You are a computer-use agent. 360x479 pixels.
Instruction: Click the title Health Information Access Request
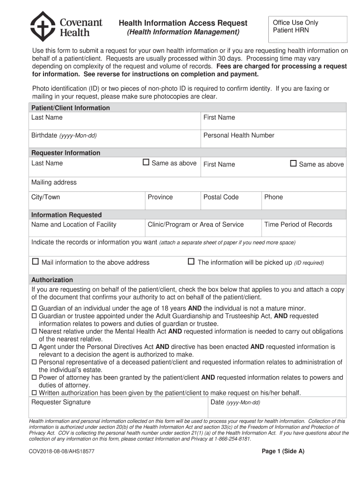coord(183,23)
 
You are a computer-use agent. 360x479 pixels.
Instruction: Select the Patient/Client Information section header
coord(71,108)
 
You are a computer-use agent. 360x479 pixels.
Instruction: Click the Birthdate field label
coord(64,135)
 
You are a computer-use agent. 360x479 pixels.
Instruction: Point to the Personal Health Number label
coord(238,135)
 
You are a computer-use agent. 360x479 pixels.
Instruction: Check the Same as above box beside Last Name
coord(146,162)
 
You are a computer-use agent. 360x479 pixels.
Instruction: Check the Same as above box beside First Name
coord(293,163)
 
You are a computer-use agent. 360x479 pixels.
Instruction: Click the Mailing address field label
coord(54,182)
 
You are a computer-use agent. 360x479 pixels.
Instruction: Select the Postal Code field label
coord(221,197)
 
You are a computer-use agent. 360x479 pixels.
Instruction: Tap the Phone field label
coord(274,197)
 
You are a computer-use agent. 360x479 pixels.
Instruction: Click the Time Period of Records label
coord(298,224)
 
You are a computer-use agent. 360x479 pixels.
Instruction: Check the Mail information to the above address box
coord(35,261)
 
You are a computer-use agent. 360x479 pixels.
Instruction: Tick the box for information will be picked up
coord(191,261)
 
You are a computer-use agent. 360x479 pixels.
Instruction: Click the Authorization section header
coord(52,280)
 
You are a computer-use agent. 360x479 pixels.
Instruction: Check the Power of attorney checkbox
coord(34,377)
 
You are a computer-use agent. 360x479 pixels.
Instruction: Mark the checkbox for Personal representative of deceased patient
coord(34,362)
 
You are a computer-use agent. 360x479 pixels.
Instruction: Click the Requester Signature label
coord(61,402)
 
